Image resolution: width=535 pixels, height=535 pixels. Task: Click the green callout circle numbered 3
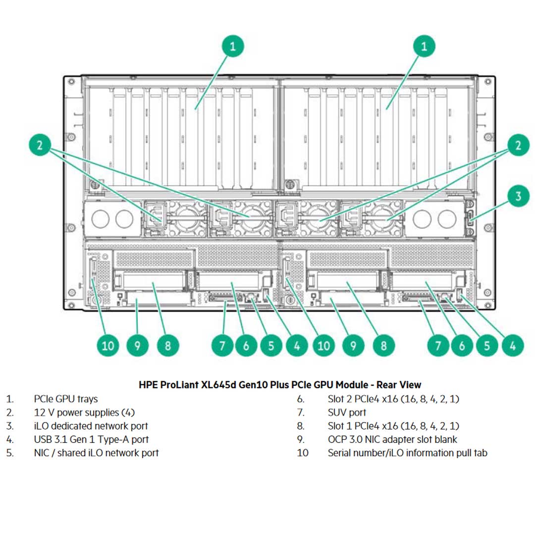pos(518,196)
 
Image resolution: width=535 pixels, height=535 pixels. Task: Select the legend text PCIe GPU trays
pos(66,399)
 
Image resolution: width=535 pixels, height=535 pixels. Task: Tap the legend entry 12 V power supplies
pos(84,412)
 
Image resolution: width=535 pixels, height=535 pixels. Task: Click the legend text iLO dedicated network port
pos(91,426)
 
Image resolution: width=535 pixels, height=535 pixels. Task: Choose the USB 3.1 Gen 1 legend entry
pos(91,439)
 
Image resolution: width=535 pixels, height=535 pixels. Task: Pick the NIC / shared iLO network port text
pos(96,452)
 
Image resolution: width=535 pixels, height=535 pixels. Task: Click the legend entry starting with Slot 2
pos(393,399)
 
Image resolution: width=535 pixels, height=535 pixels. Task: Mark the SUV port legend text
pos(347,412)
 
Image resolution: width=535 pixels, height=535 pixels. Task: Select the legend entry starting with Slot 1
pos(393,426)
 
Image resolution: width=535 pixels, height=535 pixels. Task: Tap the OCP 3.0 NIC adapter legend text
pos(392,439)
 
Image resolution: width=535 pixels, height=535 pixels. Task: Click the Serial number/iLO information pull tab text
pos(407,452)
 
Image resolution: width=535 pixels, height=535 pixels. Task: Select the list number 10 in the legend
pos(302,453)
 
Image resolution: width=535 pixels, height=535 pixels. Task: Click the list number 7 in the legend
pos(300,412)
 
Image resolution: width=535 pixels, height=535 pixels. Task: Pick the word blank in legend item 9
pos(444,439)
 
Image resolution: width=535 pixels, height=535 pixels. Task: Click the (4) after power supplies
pos(128,412)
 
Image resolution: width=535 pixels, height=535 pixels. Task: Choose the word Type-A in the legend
pos(123,439)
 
